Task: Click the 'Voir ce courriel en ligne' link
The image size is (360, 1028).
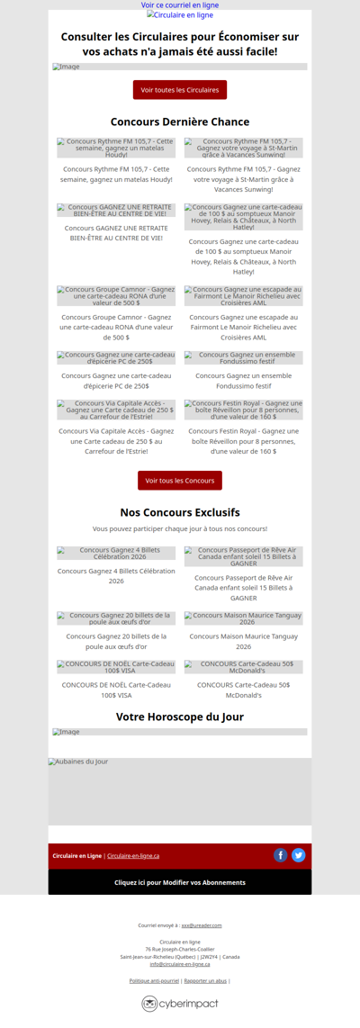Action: tap(180, 5)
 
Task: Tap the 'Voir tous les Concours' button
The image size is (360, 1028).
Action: tap(180, 481)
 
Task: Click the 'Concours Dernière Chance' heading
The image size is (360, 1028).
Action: tap(180, 122)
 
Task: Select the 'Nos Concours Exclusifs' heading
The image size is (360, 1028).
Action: tap(180, 512)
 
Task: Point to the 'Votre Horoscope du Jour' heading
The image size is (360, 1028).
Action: tap(180, 717)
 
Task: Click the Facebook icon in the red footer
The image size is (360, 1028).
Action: tap(281, 855)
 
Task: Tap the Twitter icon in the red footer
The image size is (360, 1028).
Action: tap(299, 855)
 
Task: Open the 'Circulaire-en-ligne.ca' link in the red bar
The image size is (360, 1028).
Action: tap(133, 856)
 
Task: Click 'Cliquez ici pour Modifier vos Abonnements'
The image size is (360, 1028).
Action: tap(180, 882)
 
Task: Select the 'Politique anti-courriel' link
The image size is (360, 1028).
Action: tap(154, 980)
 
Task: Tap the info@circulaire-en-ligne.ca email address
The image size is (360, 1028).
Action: tap(180, 964)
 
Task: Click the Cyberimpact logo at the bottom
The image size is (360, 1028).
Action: tap(180, 1004)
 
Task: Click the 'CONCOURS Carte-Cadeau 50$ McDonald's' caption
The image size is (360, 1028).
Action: tap(244, 690)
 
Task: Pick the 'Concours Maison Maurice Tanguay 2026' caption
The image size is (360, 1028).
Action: tap(244, 641)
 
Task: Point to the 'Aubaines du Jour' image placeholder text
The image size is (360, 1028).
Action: tap(78, 762)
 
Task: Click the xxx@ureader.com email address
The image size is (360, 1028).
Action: tap(202, 924)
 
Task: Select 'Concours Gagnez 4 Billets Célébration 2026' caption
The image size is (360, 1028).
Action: tap(116, 575)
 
